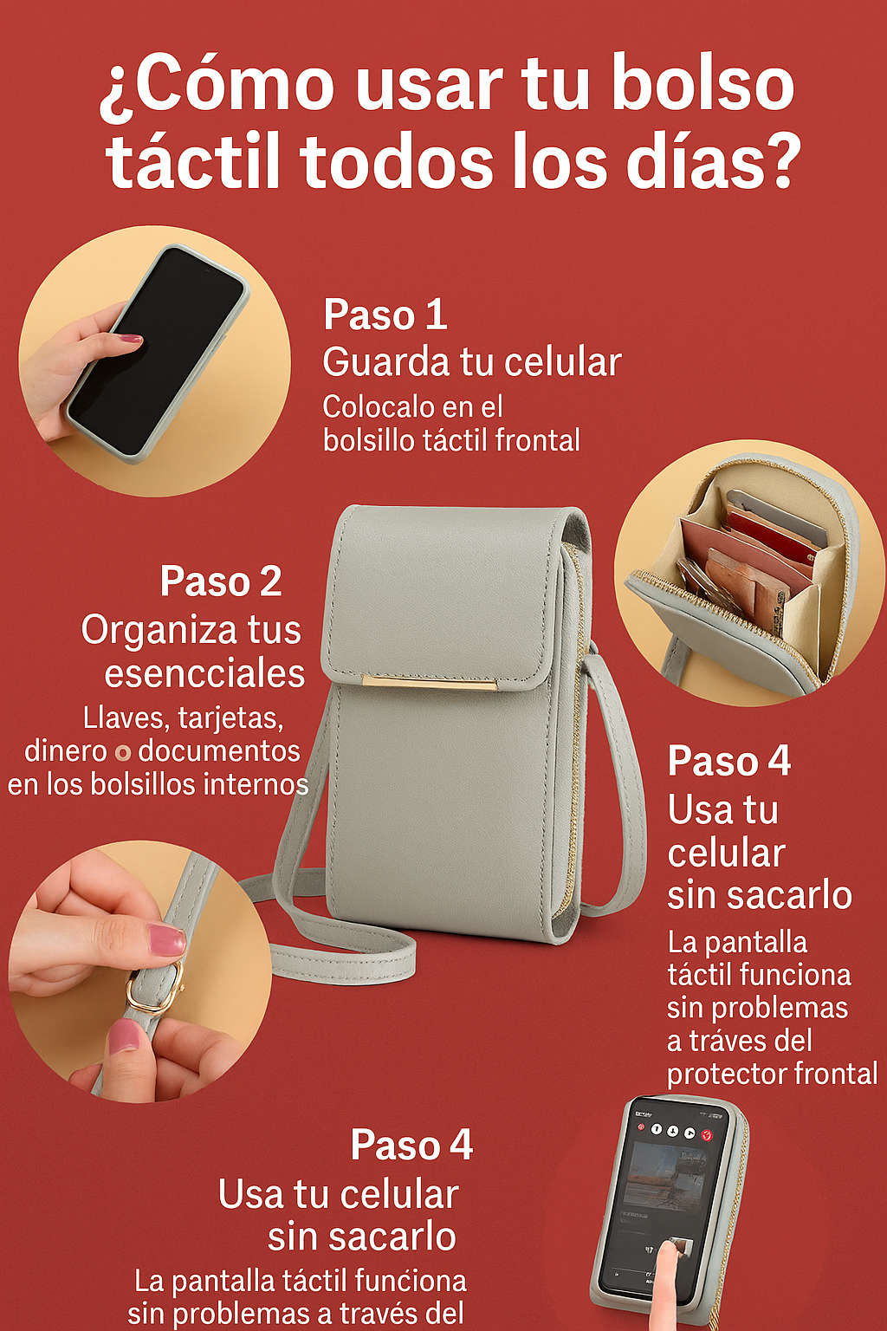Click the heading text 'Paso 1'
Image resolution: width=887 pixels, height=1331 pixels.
click(385, 315)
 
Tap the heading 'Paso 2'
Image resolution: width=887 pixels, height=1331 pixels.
click(220, 581)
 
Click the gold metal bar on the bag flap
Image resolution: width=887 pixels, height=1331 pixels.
click(430, 683)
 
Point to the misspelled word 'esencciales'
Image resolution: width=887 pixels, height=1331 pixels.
click(205, 674)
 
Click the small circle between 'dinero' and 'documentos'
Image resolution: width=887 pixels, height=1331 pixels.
click(123, 753)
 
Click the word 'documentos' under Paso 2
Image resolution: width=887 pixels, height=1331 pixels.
click(219, 751)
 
